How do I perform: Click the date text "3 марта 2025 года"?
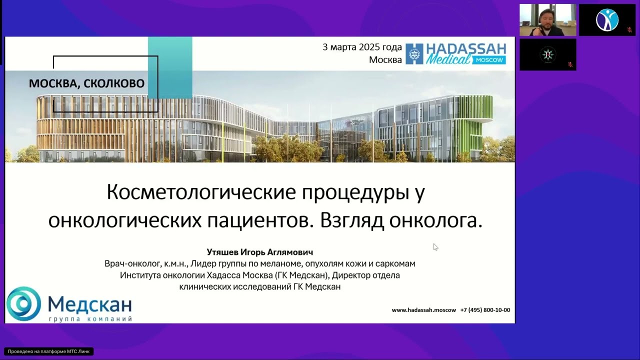(x=362, y=47)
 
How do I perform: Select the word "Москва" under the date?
(x=385, y=60)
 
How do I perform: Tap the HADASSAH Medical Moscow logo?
(x=455, y=53)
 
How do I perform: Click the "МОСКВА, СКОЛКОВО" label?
(x=86, y=83)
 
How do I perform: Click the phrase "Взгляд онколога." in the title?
(x=400, y=220)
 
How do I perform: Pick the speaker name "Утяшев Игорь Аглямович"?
(x=259, y=252)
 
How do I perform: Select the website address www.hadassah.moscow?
(x=423, y=310)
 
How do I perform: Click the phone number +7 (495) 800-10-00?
(x=485, y=310)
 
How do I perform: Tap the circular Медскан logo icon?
(x=23, y=303)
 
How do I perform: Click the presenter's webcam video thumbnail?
(x=547, y=20)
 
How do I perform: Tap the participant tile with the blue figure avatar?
(x=607, y=20)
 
